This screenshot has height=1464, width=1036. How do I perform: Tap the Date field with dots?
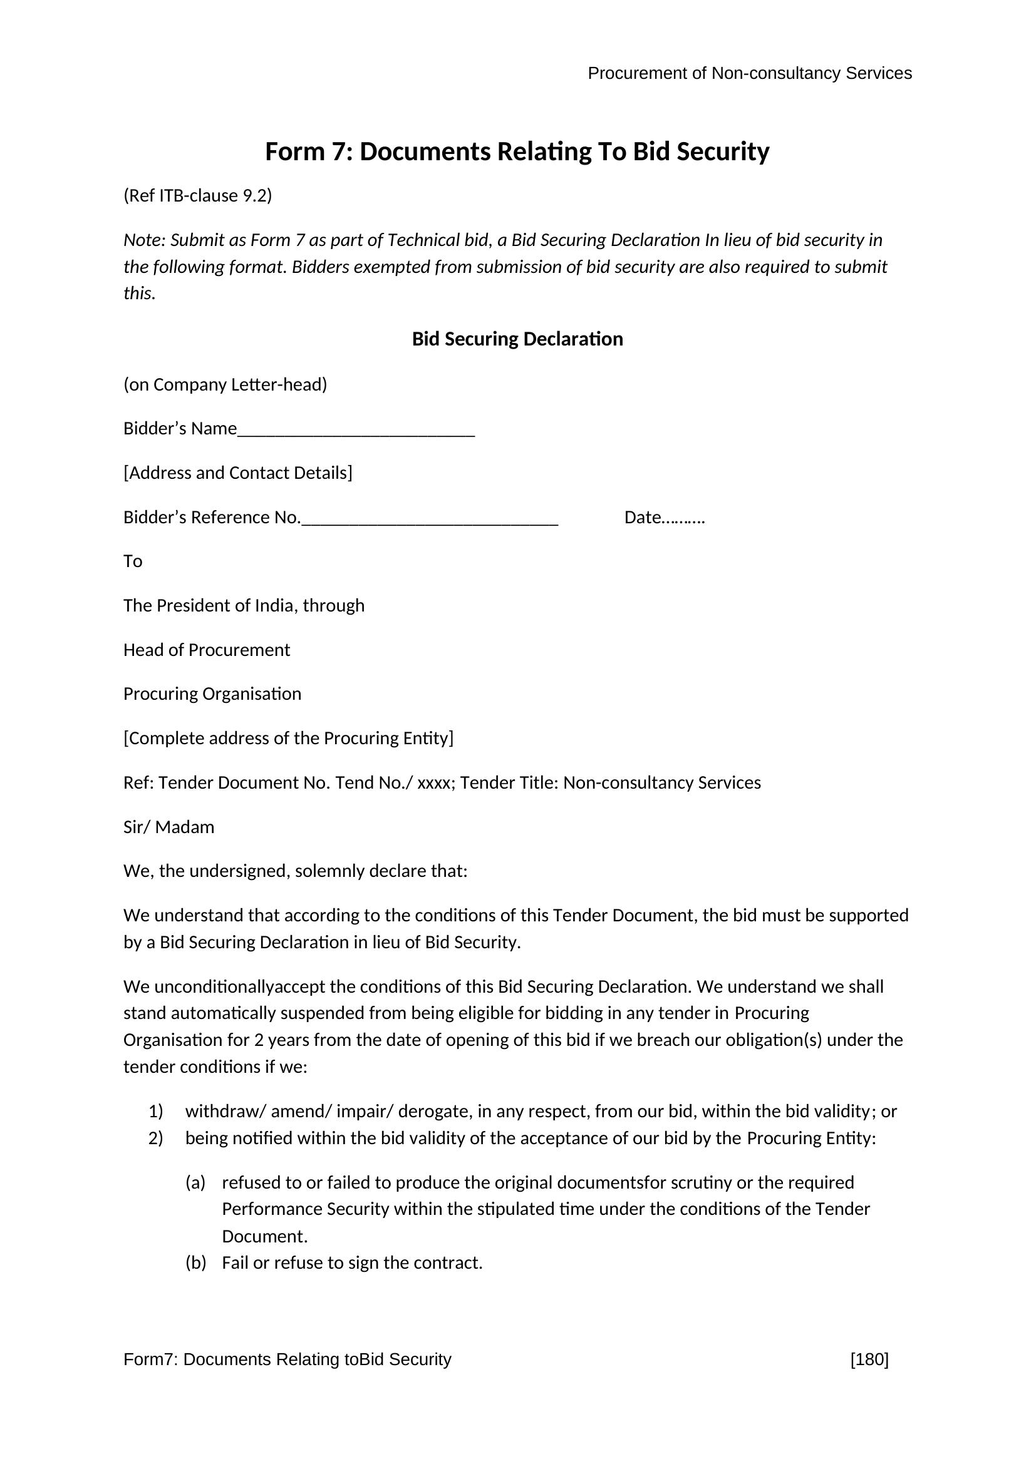pyautogui.click(x=664, y=517)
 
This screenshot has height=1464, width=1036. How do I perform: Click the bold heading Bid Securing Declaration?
pyautogui.click(x=517, y=339)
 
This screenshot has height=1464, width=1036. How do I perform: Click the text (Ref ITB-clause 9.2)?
pyautogui.click(x=198, y=195)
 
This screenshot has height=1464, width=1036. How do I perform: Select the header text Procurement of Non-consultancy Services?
pyautogui.click(x=749, y=73)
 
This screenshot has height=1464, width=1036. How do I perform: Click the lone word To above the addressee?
pyautogui.click(x=133, y=561)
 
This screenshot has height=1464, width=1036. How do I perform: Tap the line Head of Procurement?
pyautogui.click(x=206, y=650)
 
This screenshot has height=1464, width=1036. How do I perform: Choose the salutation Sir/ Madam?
pyautogui.click(x=168, y=827)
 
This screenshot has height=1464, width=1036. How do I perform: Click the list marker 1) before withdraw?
pyautogui.click(x=156, y=1112)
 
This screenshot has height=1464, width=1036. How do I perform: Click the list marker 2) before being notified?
pyautogui.click(x=156, y=1138)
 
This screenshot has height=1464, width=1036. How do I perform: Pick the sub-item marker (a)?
pyautogui.click(x=195, y=1183)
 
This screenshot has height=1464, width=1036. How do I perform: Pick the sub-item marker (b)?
pyautogui.click(x=195, y=1262)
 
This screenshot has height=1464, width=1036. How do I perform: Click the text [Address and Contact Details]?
pyautogui.click(x=237, y=473)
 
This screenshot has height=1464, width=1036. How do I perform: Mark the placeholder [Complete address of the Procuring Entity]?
pyautogui.click(x=288, y=738)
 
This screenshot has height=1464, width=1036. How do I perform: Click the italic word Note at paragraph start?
pyautogui.click(x=143, y=240)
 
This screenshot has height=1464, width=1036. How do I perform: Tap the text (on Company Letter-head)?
pyautogui.click(x=225, y=384)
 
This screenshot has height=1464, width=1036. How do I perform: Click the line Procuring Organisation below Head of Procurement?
pyautogui.click(x=212, y=694)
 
